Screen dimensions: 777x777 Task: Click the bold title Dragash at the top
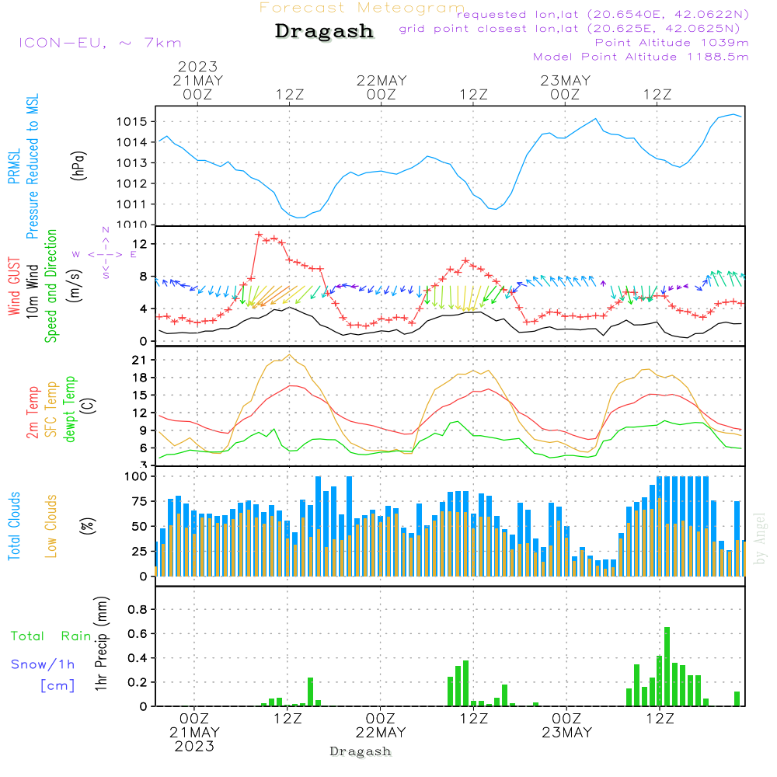(x=324, y=31)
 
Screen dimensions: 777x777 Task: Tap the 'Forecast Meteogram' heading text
(x=362, y=8)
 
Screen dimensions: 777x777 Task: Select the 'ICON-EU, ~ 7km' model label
(x=100, y=43)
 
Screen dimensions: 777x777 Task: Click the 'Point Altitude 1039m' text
(x=671, y=43)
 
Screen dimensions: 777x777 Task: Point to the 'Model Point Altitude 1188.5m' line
(x=641, y=57)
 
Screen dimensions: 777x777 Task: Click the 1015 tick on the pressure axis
(x=131, y=122)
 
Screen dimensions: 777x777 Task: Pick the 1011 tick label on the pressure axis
(x=131, y=204)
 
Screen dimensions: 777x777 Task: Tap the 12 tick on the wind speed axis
(x=140, y=244)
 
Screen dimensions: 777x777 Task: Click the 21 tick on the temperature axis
(x=139, y=361)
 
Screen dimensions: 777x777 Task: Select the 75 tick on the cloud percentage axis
(x=139, y=501)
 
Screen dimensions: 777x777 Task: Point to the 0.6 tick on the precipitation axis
(x=138, y=634)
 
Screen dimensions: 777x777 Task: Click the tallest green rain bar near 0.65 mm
(x=667, y=667)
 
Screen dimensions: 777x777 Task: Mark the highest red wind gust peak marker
(x=259, y=234)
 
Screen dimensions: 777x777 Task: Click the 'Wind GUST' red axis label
(x=14, y=287)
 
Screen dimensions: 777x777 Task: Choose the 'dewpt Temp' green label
(x=70, y=409)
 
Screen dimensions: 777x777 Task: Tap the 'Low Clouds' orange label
(x=51, y=526)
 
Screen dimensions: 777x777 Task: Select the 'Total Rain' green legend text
(x=51, y=636)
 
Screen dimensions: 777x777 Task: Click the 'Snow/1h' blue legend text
(x=43, y=664)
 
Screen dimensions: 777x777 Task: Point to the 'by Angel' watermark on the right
(x=760, y=538)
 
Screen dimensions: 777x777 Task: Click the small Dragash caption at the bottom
(x=361, y=751)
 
